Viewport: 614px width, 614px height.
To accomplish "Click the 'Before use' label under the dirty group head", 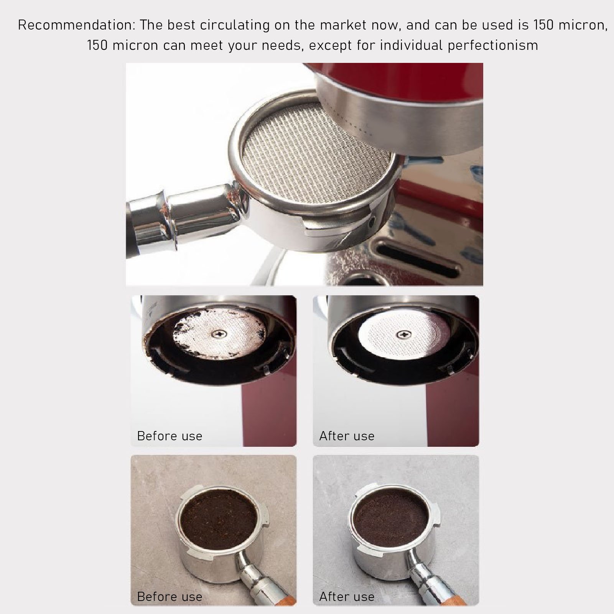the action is coord(170,436).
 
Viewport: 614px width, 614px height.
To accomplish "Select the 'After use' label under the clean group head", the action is coord(347,436).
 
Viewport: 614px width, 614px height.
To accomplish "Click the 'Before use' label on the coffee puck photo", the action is coord(170,597).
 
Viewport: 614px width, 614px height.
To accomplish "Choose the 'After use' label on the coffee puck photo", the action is coord(347,597).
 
